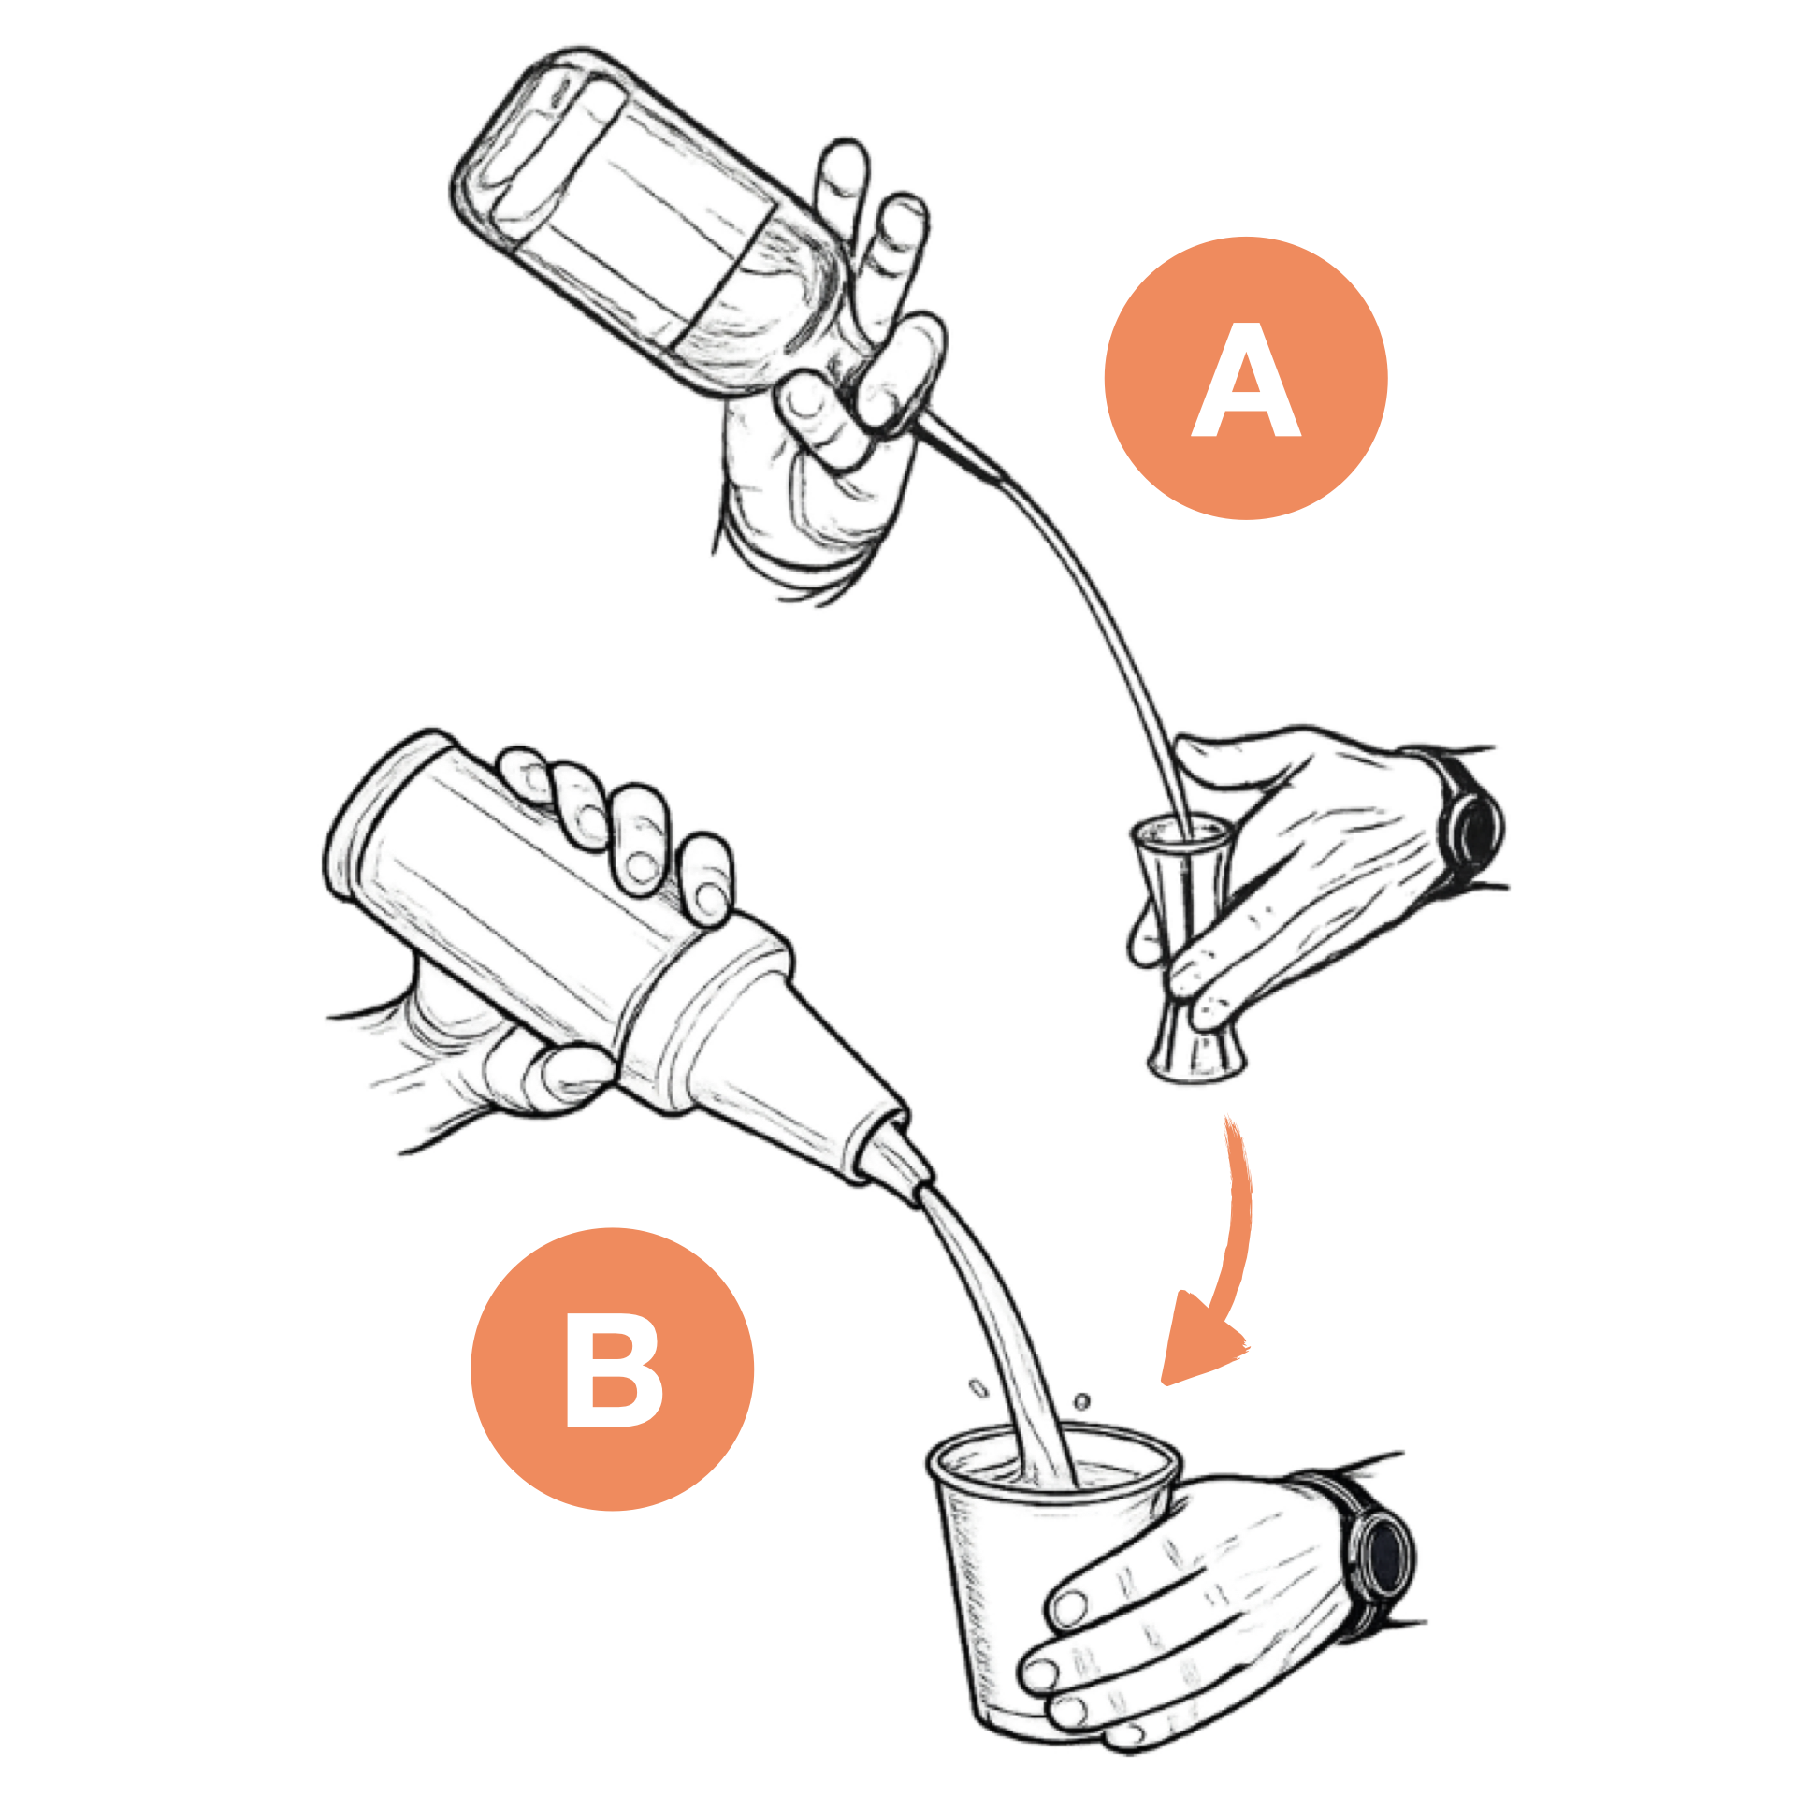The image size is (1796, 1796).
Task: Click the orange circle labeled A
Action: coord(1245,378)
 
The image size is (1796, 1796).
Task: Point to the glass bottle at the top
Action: coord(655,224)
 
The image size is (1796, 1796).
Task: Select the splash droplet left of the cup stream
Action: coord(978,1388)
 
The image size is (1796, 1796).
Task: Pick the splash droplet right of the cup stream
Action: coord(1081,1401)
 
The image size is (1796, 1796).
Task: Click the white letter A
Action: coord(1245,379)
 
